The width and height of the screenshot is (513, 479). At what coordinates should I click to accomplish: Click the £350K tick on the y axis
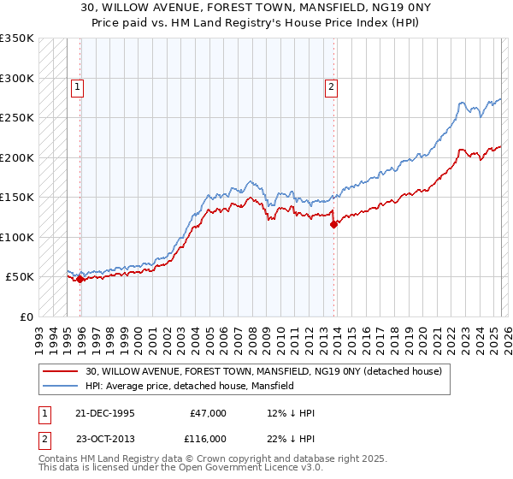point(17,38)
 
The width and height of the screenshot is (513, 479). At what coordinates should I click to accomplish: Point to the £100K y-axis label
point(17,237)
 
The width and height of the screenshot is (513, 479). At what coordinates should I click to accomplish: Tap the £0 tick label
point(27,316)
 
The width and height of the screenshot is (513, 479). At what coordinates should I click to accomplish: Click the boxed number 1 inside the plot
point(78,86)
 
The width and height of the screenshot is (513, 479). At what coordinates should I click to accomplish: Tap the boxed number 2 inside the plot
point(330,86)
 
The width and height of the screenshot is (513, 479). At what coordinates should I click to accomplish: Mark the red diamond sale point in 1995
point(80,279)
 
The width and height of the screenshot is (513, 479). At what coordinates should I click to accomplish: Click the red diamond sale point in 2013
point(333,224)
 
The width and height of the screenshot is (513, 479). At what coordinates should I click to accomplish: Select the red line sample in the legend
point(60,372)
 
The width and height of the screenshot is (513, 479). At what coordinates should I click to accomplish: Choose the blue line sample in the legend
point(60,387)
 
